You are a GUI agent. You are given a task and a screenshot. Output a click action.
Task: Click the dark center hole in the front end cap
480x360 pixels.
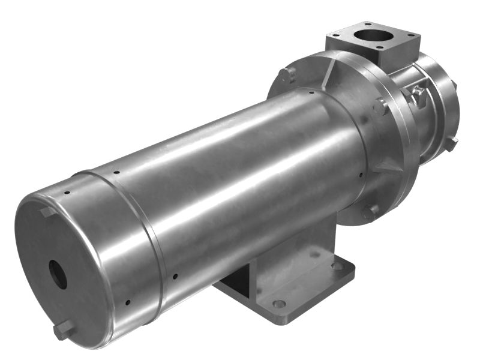[58, 274]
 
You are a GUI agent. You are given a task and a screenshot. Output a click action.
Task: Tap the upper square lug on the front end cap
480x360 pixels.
[47, 212]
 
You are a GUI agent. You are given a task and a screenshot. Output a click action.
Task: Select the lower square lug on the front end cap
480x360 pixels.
[64, 331]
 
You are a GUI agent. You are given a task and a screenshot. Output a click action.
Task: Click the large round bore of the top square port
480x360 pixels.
[371, 34]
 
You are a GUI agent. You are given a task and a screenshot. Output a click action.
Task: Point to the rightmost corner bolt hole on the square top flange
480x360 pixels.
[410, 39]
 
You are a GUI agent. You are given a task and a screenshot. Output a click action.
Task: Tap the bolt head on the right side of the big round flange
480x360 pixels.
[380, 107]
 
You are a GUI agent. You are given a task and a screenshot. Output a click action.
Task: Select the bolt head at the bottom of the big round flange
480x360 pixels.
[370, 212]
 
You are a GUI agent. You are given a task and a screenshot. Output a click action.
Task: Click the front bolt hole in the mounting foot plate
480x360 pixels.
[278, 304]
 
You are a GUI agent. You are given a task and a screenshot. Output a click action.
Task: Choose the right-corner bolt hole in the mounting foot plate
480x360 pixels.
[338, 265]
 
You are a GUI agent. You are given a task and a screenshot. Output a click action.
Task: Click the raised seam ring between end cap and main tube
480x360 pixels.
[150, 240]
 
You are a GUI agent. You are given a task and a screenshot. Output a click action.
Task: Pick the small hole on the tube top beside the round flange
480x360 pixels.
[311, 92]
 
